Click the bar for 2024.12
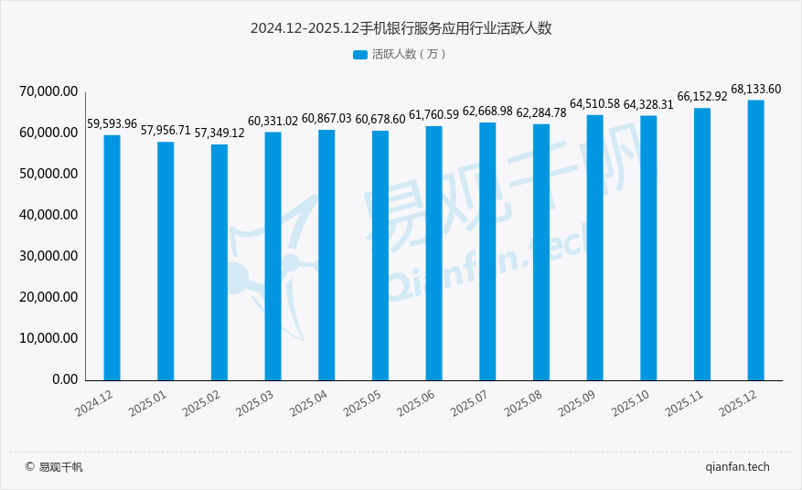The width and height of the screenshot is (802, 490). tap(112, 257)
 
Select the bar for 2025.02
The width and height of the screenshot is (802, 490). tap(219, 261)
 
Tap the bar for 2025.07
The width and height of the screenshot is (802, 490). tap(487, 250)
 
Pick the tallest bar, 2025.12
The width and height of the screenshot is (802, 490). tap(755, 240)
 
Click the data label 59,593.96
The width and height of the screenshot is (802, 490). tap(112, 123)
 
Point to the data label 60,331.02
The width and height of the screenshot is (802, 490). tap(273, 121)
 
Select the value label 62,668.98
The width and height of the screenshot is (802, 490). tap(487, 111)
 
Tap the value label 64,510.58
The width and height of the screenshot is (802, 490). tap(594, 103)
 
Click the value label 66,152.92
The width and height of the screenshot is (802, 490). tap(701, 96)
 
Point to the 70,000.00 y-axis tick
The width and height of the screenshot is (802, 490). tap(48, 91)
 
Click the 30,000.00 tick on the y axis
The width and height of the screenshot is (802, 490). tap(48, 256)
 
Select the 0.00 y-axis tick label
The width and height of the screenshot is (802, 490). tap(64, 379)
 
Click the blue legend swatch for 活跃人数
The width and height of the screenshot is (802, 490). tap(359, 55)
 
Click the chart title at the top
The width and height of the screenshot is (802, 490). tap(401, 28)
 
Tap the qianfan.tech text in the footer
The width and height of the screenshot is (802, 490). tap(737, 466)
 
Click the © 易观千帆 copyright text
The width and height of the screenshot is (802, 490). tap(54, 467)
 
